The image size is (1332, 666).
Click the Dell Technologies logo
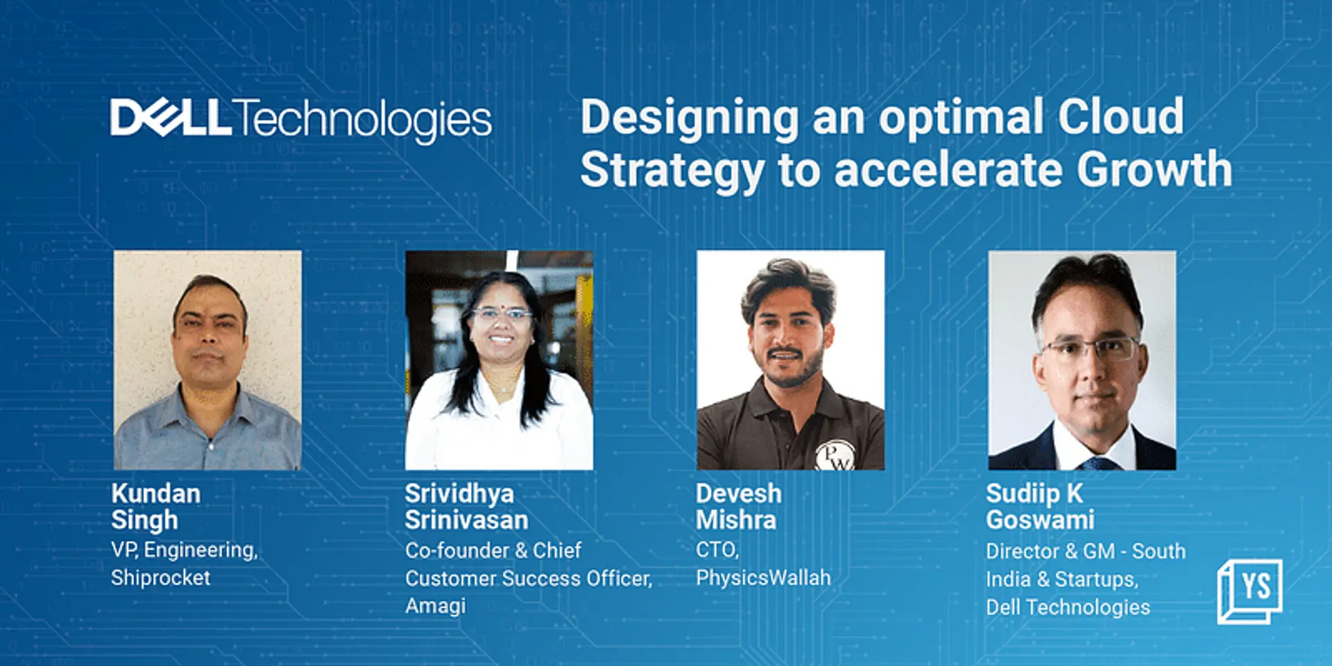(300, 119)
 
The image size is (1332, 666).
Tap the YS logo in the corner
(1249, 590)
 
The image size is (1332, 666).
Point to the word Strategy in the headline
(672, 171)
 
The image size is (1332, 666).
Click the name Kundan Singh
(155, 506)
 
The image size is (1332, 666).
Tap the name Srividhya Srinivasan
(466, 506)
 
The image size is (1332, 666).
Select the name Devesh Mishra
(738, 506)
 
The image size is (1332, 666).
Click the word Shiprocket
(160, 578)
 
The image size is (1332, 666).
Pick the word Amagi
(435, 606)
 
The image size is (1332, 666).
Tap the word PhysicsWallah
(763, 577)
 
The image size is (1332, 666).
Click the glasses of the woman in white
(502, 314)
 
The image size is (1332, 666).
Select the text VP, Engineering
(184, 550)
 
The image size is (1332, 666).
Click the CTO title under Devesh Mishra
(717, 549)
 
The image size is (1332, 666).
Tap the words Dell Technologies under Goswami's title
(1068, 607)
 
